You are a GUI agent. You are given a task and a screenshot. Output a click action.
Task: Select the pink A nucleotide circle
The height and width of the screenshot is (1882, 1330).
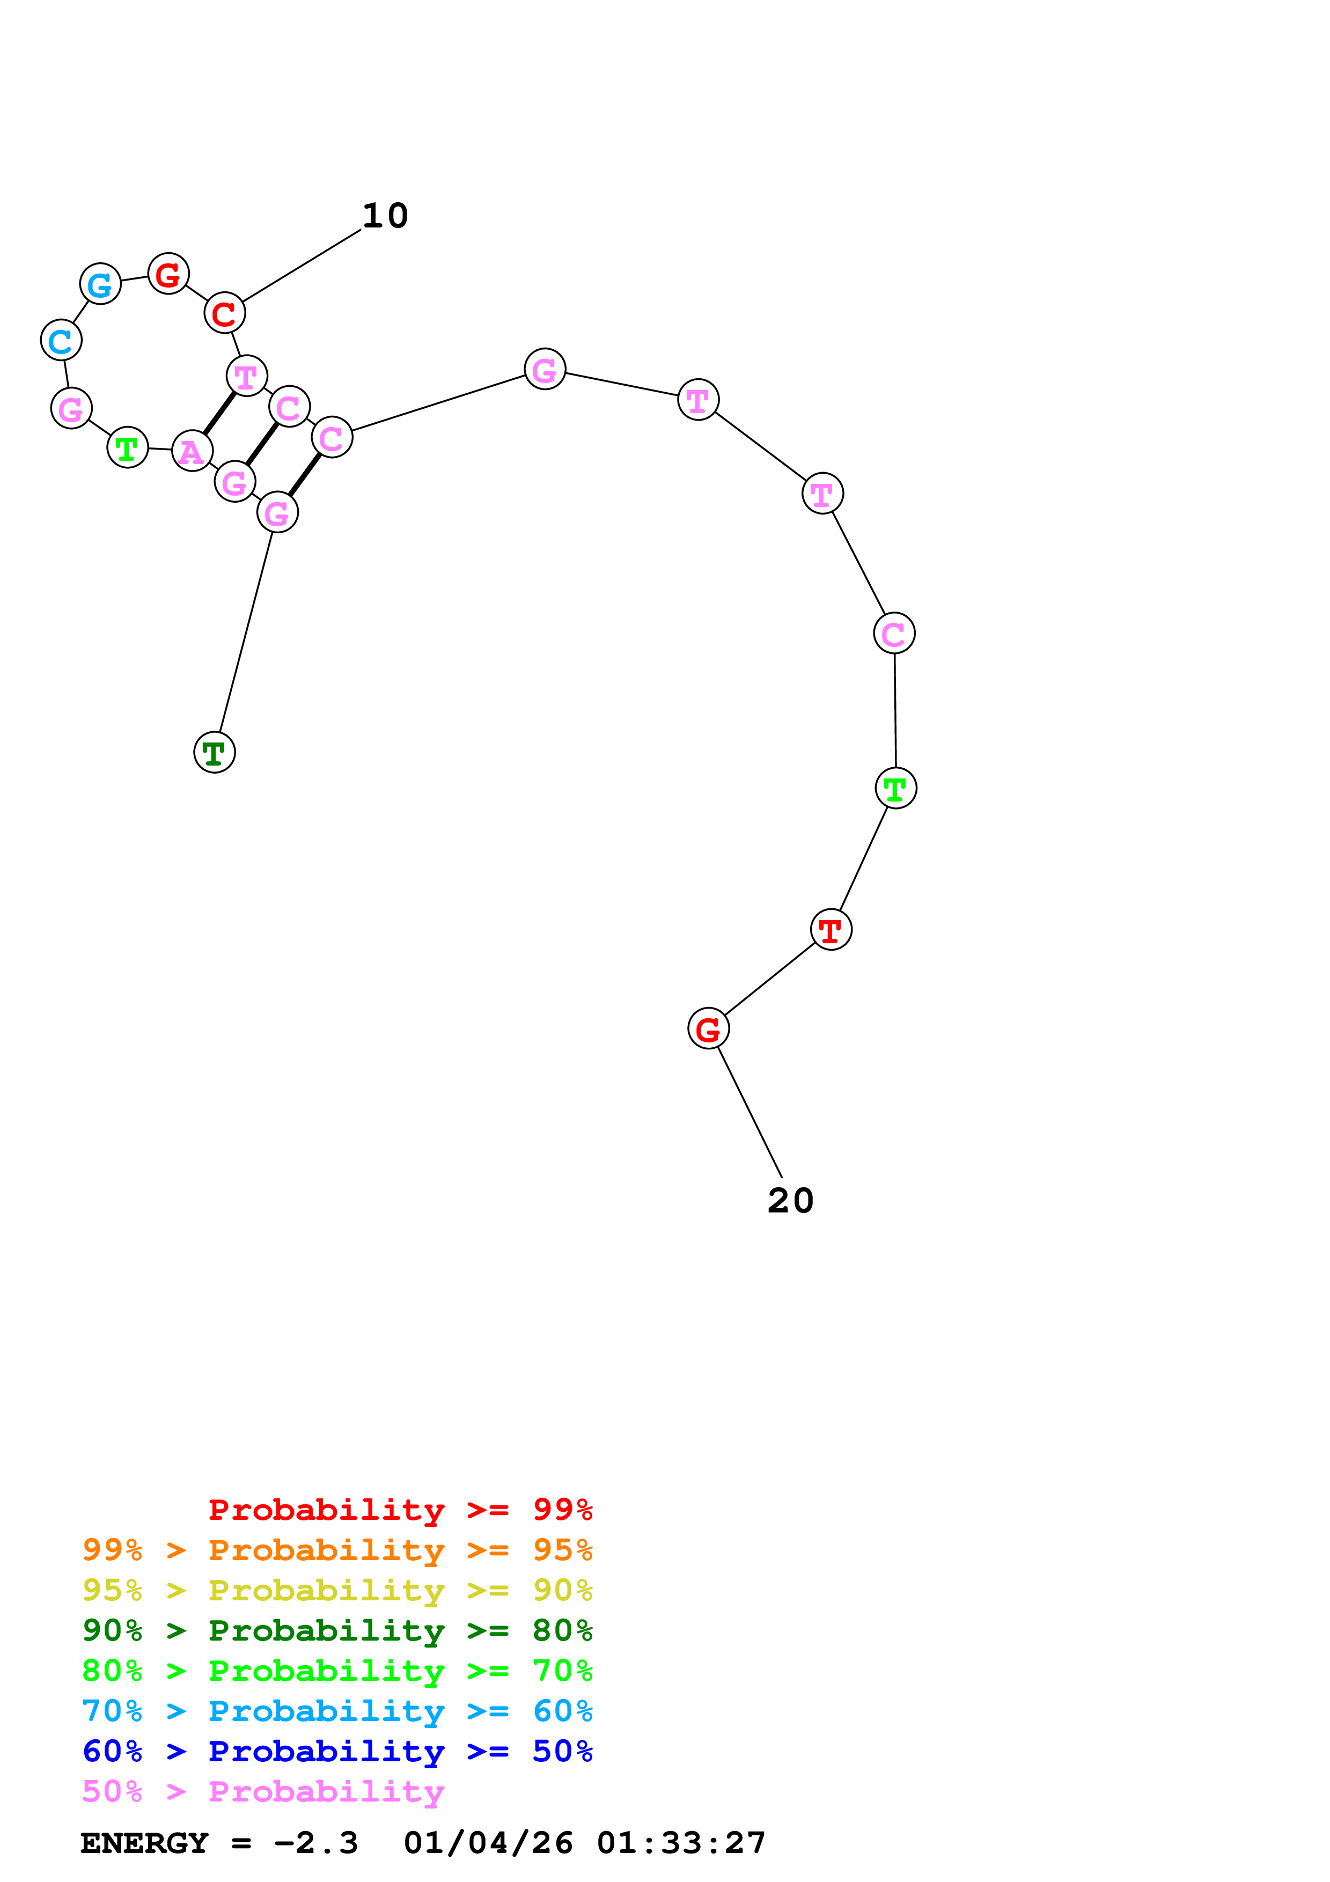pos(193,451)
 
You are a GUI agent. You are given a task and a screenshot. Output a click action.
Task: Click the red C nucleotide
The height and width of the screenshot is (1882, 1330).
pos(225,313)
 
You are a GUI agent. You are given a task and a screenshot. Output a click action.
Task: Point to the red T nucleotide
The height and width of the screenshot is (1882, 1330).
pos(831,930)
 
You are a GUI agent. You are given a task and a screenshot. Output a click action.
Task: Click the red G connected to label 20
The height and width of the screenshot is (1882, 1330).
pos(708,1028)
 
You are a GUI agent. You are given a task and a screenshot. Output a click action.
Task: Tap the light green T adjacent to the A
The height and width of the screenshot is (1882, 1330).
pos(128,447)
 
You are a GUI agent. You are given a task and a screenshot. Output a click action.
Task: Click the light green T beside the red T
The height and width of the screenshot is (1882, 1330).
pos(895,789)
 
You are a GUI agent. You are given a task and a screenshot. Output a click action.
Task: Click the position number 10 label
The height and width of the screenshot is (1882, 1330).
pos(385,216)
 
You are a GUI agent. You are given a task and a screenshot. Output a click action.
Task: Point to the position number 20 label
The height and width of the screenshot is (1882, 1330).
pos(790,1201)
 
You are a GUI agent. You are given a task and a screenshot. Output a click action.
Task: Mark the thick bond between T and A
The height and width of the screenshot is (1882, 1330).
pos(219,413)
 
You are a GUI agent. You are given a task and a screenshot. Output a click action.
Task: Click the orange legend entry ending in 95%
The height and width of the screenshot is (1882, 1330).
pos(337,1549)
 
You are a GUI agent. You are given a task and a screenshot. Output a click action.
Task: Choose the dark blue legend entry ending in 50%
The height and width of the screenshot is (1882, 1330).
pos(337,1751)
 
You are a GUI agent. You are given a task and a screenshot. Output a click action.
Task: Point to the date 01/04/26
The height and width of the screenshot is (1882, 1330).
pos(488,1843)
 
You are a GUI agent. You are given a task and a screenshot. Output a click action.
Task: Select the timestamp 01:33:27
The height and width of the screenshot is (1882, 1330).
pos(681,1843)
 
